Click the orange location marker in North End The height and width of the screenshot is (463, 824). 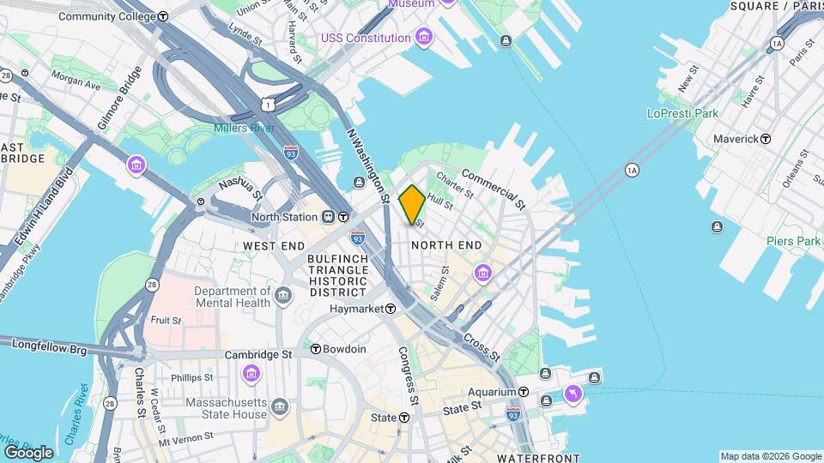tap(412, 205)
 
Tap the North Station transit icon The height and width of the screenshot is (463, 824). tap(342, 217)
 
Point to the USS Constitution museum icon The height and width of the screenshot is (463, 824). tap(423, 38)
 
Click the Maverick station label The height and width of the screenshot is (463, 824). tap(736, 139)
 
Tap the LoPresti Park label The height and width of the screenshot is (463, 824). tap(683, 113)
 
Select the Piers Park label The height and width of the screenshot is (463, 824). tap(794, 242)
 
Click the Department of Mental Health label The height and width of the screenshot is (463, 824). tap(227, 297)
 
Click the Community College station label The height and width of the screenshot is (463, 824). tap(107, 16)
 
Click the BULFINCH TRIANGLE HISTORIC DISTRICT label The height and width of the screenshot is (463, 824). tap(338, 276)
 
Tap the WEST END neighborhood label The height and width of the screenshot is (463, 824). tap(273, 246)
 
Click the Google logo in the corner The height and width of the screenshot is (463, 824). tap(28, 452)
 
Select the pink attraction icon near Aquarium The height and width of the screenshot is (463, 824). tap(573, 394)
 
